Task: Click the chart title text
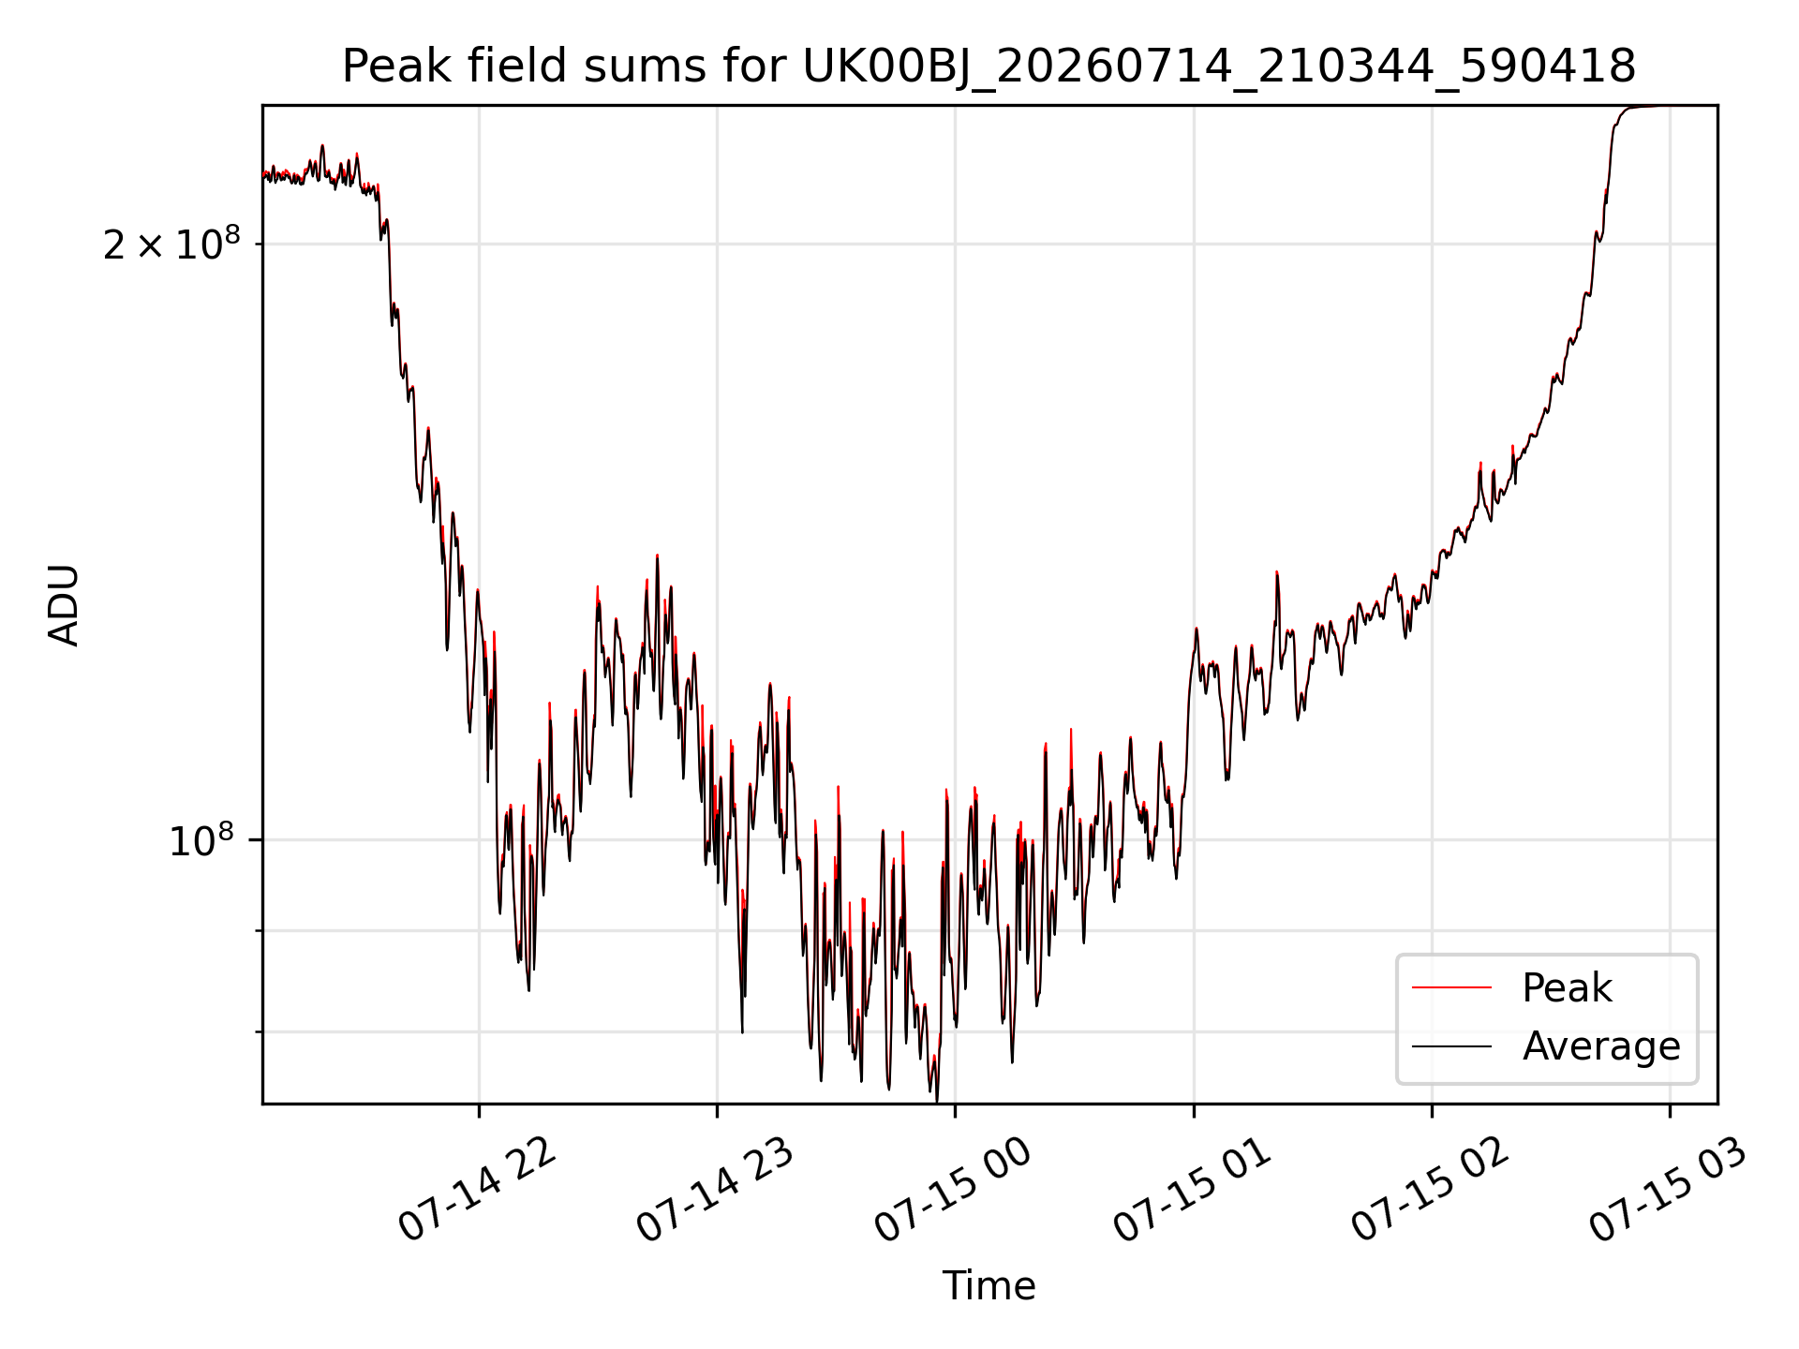pos(989,67)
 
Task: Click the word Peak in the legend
pos(1567,987)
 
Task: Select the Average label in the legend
pos(1601,1045)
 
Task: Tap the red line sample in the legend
pos(1451,987)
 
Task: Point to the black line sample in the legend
pos(1451,1045)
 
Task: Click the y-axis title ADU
pos(65,605)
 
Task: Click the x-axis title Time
pos(989,1285)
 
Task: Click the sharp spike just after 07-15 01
pos(1277,572)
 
